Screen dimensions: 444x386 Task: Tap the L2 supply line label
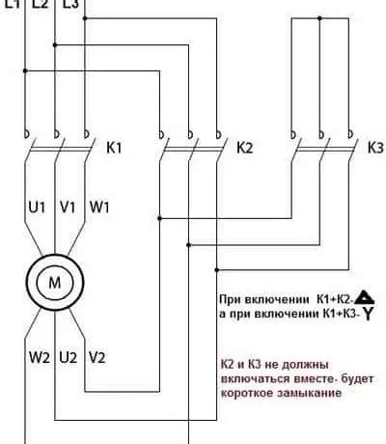40,5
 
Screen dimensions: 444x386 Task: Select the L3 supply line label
70,5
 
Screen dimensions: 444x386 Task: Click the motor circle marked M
47,282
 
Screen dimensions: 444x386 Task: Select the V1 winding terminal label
68,206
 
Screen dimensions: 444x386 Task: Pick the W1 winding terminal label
98,206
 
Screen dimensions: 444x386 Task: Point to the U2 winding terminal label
69,358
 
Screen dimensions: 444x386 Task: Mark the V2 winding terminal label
96,358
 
